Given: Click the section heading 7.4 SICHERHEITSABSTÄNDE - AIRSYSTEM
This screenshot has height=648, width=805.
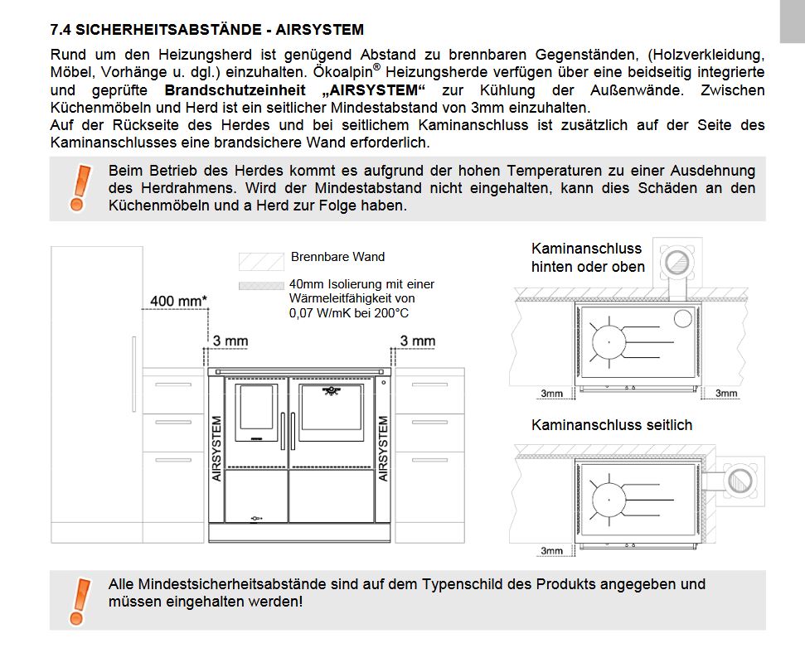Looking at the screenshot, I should pos(206,30).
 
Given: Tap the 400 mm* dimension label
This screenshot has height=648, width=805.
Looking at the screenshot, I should pos(179,300).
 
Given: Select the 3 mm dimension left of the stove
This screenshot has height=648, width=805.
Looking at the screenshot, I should pos(230,341).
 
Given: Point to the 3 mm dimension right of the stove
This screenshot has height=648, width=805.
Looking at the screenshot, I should pos(417,341).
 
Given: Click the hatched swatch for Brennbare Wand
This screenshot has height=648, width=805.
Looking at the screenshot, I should pos(261,259).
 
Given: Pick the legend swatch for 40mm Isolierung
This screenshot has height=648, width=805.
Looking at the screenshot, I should pos(261,284).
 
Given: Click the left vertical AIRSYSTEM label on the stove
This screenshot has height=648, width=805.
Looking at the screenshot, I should pos(217,448).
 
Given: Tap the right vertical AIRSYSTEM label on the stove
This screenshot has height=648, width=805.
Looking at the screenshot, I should pos(384,448).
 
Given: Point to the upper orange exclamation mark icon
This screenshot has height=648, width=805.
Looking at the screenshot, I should pos(80,186).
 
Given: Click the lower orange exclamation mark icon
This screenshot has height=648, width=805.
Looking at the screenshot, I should pos(80,600).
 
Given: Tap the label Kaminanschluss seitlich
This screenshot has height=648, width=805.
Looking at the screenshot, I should pos(611,425).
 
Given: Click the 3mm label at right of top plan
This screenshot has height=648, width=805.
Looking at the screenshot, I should pos(726,394).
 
